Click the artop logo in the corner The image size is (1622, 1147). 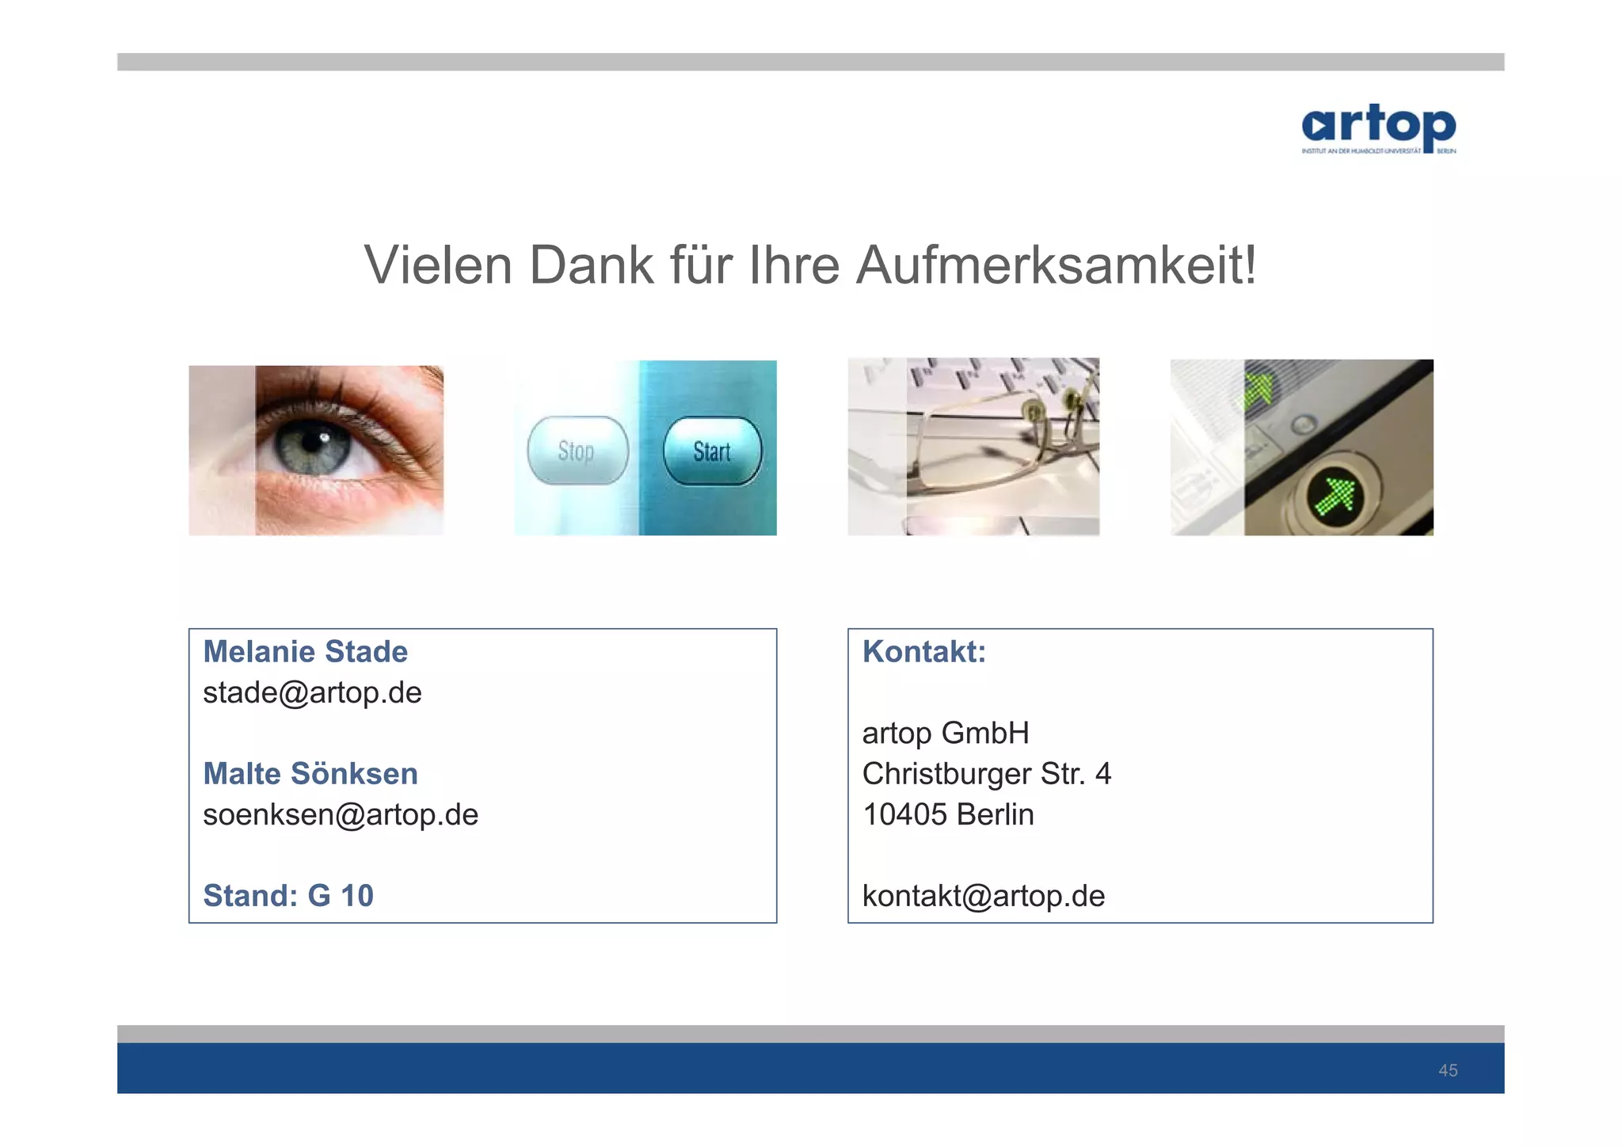point(1378,128)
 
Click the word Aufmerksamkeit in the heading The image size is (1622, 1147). point(1056,265)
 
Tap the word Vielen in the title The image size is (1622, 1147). point(438,265)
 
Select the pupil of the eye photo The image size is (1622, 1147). point(312,443)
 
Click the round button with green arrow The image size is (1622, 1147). point(1335,496)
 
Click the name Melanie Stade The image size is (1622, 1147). point(305,652)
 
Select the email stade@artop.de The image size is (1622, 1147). point(312,693)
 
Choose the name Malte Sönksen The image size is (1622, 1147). point(310,774)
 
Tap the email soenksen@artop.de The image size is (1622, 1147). point(341,815)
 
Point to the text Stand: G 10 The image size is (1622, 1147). point(288,896)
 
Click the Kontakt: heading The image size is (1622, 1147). point(923,652)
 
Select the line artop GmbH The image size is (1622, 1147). point(946,734)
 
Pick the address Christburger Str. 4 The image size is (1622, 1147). point(987,774)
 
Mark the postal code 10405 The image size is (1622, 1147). point(904,815)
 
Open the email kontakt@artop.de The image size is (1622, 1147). point(983,896)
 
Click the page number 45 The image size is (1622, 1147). point(1448,1071)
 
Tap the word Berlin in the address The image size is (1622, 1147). point(995,815)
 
